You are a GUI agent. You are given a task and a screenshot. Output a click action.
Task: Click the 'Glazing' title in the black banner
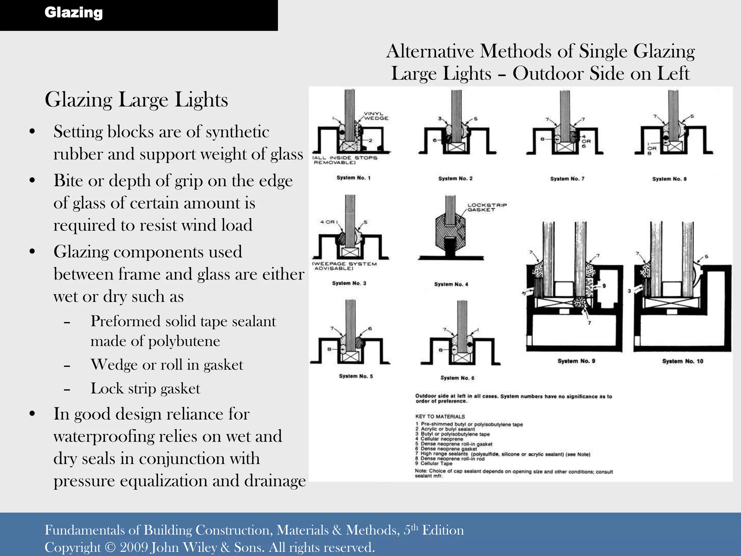click(x=73, y=13)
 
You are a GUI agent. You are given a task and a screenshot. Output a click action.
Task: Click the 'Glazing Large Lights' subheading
click(x=136, y=100)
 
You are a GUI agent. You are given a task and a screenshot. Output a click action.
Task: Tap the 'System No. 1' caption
click(x=353, y=178)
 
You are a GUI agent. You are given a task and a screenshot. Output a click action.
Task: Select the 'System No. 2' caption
click(x=455, y=178)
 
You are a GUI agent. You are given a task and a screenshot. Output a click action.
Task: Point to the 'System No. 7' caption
click(x=567, y=179)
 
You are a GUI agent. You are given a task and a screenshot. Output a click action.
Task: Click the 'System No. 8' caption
click(x=669, y=179)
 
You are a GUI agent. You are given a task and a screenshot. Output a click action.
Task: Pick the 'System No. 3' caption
click(x=349, y=283)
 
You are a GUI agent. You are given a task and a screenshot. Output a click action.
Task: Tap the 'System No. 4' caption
click(x=451, y=285)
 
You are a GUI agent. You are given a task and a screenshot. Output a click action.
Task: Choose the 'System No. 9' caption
click(x=576, y=361)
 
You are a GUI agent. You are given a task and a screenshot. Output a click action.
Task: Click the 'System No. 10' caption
click(x=682, y=361)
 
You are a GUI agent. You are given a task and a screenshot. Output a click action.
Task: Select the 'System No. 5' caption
click(x=356, y=376)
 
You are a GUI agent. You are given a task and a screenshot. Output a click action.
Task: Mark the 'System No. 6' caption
click(x=457, y=378)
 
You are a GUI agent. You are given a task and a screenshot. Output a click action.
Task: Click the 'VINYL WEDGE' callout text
click(x=376, y=116)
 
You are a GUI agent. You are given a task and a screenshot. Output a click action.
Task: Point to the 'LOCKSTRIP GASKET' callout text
click(x=487, y=207)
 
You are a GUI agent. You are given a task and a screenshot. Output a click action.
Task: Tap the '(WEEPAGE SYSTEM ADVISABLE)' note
click(x=344, y=266)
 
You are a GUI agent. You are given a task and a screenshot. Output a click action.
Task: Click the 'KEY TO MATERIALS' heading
click(x=440, y=417)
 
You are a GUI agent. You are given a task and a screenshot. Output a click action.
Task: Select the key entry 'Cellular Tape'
click(x=436, y=463)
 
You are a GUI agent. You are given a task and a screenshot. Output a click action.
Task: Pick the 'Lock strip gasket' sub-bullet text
click(x=145, y=388)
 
